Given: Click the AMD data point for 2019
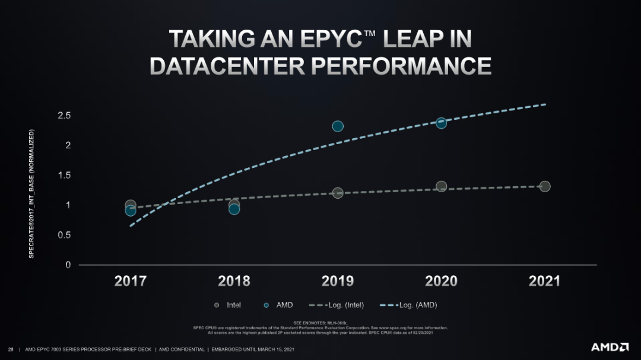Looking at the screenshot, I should pyautogui.click(x=338, y=126).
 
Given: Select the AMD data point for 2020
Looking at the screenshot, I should pyautogui.click(x=441, y=123).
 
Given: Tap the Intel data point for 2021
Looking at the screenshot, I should pyautogui.click(x=545, y=186).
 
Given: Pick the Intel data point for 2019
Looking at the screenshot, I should pyautogui.click(x=338, y=193).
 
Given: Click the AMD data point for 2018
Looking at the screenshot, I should pyautogui.click(x=234, y=209).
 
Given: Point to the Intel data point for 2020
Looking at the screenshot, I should pyautogui.click(x=441, y=186).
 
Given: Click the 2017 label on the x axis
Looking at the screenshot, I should pyautogui.click(x=131, y=281).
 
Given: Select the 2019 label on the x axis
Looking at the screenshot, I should pyautogui.click(x=338, y=281).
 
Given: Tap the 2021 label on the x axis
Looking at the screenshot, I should pyautogui.click(x=544, y=281).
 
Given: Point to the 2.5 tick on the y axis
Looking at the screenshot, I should pyautogui.click(x=64, y=115).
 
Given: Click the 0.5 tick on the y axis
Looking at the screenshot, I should pyautogui.click(x=64, y=235).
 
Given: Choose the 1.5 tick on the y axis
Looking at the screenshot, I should pyautogui.click(x=64, y=175).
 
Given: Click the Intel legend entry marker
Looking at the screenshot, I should pyautogui.click(x=217, y=305).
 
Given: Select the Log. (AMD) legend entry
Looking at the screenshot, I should pyautogui.click(x=412, y=305).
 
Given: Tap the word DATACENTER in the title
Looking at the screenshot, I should pyautogui.click(x=227, y=65).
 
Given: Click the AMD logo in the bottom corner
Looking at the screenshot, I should pyautogui.click(x=610, y=347).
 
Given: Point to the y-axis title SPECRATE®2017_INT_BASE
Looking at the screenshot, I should pyautogui.click(x=31, y=193).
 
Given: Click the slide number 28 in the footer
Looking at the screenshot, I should pyautogui.click(x=11, y=349).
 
